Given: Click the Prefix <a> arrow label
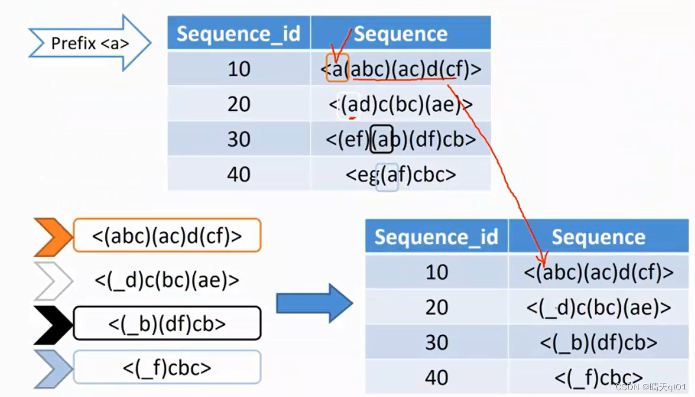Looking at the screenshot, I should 89,43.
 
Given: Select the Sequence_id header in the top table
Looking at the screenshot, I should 238,34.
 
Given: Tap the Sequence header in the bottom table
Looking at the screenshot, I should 598,237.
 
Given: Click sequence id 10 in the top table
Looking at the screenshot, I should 238,69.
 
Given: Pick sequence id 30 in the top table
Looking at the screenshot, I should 238,139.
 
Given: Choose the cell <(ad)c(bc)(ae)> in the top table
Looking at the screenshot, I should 400,104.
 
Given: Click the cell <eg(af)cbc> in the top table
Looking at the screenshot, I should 400,174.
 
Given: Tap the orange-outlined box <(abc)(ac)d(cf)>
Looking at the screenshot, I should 167,235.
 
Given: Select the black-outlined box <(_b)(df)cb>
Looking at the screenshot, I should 167,323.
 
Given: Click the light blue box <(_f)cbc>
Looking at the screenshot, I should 167,368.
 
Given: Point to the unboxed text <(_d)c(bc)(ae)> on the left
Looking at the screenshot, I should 167,280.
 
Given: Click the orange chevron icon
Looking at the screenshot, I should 53,236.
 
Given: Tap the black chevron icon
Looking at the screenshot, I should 53,325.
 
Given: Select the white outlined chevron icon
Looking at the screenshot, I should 53,280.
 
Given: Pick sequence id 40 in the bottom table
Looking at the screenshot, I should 437,377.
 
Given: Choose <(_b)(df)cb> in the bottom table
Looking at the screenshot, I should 598,342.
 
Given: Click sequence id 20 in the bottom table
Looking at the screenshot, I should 437,307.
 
